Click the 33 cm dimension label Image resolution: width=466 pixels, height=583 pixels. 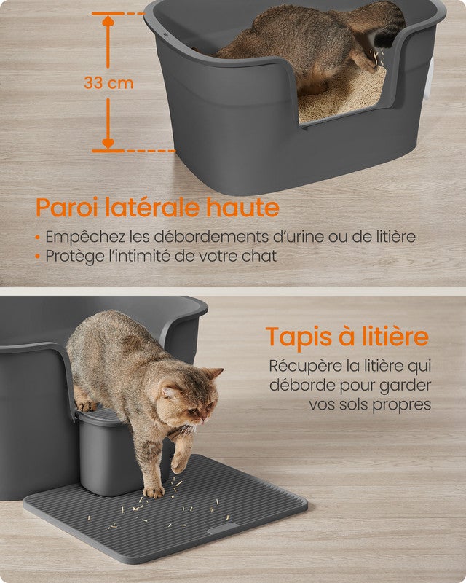coord(108,83)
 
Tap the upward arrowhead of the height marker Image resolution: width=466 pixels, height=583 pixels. coord(108,21)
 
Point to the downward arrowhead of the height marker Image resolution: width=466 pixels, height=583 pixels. coord(108,144)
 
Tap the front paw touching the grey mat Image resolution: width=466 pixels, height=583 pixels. coord(154,492)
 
